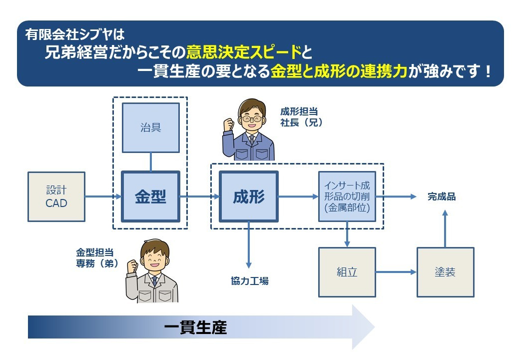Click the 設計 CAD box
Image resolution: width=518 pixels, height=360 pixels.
click(56, 197)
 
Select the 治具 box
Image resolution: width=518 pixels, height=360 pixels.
click(151, 127)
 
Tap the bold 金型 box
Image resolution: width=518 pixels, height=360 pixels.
click(151, 197)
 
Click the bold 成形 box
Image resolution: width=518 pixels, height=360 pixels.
click(249, 197)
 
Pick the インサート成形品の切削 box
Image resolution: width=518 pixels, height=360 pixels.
click(347, 197)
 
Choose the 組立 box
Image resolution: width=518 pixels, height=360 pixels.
click(347, 272)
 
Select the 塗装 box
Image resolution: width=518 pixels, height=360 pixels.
click(445, 272)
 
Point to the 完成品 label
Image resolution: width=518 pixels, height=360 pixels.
click(442, 197)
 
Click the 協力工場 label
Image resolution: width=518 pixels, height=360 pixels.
click(250, 281)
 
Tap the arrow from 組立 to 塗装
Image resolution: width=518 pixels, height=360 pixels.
click(396, 272)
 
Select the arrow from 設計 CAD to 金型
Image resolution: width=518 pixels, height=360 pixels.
click(103, 197)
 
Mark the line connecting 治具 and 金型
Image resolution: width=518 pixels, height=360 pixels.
click(151, 162)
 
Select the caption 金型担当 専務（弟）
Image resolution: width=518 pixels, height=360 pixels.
click(97, 258)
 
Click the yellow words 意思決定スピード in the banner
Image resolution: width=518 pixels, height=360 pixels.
click(244, 51)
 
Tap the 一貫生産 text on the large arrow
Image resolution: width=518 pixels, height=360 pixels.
click(195, 328)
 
